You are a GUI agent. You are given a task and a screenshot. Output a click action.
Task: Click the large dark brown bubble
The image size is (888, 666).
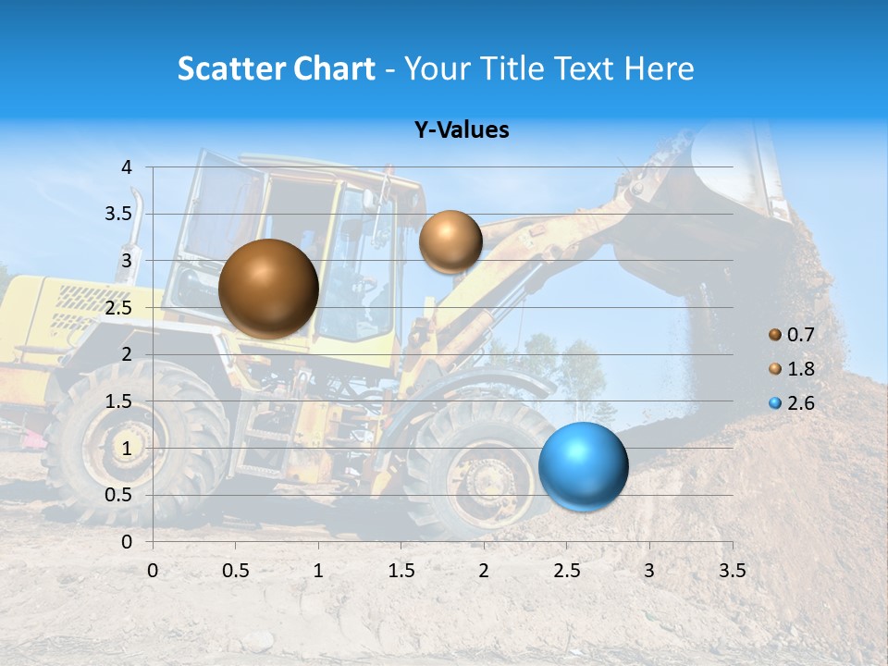(x=268, y=289)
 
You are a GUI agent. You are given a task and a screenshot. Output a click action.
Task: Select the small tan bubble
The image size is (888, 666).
(x=450, y=241)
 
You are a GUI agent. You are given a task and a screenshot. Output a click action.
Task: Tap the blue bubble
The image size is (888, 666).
(x=583, y=465)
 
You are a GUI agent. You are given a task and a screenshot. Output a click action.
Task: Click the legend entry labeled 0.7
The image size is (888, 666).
(x=793, y=335)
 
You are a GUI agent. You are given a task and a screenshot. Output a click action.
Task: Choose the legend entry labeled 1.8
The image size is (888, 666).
(x=793, y=369)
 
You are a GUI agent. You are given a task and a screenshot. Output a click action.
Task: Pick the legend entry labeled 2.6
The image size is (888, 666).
(x=793, y=403)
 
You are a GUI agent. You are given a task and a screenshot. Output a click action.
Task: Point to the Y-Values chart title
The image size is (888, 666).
(x=462, y=130)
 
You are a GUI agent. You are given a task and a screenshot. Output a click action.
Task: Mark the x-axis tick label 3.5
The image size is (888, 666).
(x=732, y=571)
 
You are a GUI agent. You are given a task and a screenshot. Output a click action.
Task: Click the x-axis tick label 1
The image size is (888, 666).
(x=318, y=571)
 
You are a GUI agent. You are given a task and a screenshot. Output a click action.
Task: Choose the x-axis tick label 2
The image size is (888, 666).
(x=484, y=571)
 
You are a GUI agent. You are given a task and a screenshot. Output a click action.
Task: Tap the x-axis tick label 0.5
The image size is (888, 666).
(x=236, y=571)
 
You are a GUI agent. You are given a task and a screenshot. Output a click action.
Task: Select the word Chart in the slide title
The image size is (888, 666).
(x=335, y=68)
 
